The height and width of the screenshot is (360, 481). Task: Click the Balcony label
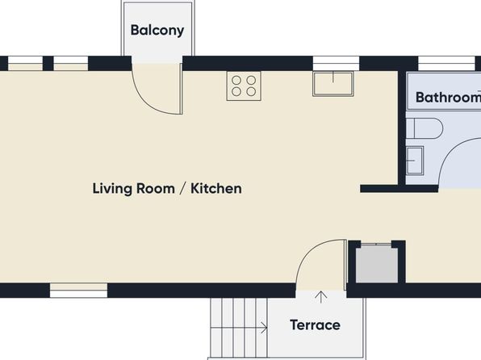(157, 31)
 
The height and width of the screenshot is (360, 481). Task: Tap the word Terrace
(315, 325)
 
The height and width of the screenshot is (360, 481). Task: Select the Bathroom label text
(448, 98)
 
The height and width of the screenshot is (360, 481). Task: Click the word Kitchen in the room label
(216, 188)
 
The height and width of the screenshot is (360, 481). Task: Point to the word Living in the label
(112, 189)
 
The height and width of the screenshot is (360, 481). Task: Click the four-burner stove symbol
(244, 86)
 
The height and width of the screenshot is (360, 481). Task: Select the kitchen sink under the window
(333, 84)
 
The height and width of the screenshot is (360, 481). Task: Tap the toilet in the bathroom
(425, 128)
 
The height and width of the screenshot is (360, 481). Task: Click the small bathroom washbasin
(415, 161)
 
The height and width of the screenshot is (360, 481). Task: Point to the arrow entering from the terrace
(321, 297)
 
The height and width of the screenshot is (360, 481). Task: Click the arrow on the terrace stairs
(239, 328)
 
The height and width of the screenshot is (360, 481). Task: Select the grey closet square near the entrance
(377, 265)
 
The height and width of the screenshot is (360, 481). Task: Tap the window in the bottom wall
(79, 291)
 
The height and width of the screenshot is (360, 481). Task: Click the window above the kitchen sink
(336, 64)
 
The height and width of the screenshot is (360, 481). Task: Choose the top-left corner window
(25, 64)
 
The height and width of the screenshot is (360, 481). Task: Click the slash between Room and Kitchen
(182, 188)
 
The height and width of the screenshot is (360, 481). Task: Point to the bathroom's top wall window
(446, 64)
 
